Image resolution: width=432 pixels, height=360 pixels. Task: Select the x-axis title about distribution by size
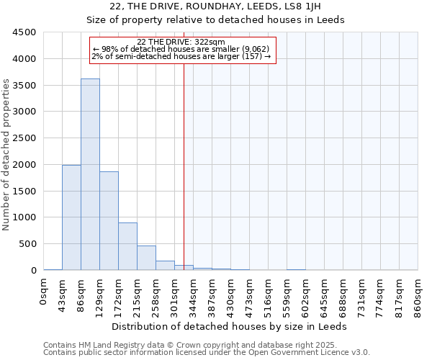[x=230, y=326]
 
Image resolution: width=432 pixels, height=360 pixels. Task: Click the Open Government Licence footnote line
[x=207, y=352]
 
